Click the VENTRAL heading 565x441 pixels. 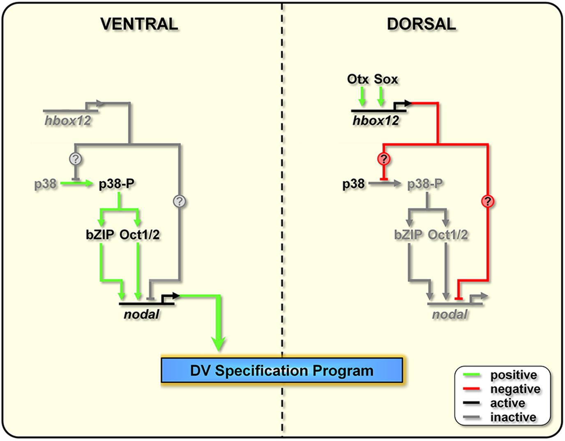click(139, 24)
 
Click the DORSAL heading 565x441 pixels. click(421, 24)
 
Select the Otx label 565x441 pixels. click(358, 79)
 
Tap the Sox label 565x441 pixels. click(386, 79)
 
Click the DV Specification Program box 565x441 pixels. click(281, 370)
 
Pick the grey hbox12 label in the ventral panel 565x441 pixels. click(68, 121)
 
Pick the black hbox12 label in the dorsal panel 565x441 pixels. click(376, 121)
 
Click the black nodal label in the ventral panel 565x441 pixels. click(141, 314)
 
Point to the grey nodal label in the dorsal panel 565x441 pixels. click(450, 314)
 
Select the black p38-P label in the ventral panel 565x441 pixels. click(117, 184)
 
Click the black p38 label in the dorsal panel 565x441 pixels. click(353, 184)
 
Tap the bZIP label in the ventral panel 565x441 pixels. click(100, 235)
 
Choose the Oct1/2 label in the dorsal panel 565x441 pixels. click(448, 235)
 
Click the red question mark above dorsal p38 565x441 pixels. click(384, 159)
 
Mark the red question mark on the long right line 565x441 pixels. click(487, 201)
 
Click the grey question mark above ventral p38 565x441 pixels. click(76, 159)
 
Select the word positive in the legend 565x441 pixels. click(514, 375)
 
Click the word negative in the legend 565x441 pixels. click(515, 389)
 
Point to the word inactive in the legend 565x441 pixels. click(513, 417)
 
